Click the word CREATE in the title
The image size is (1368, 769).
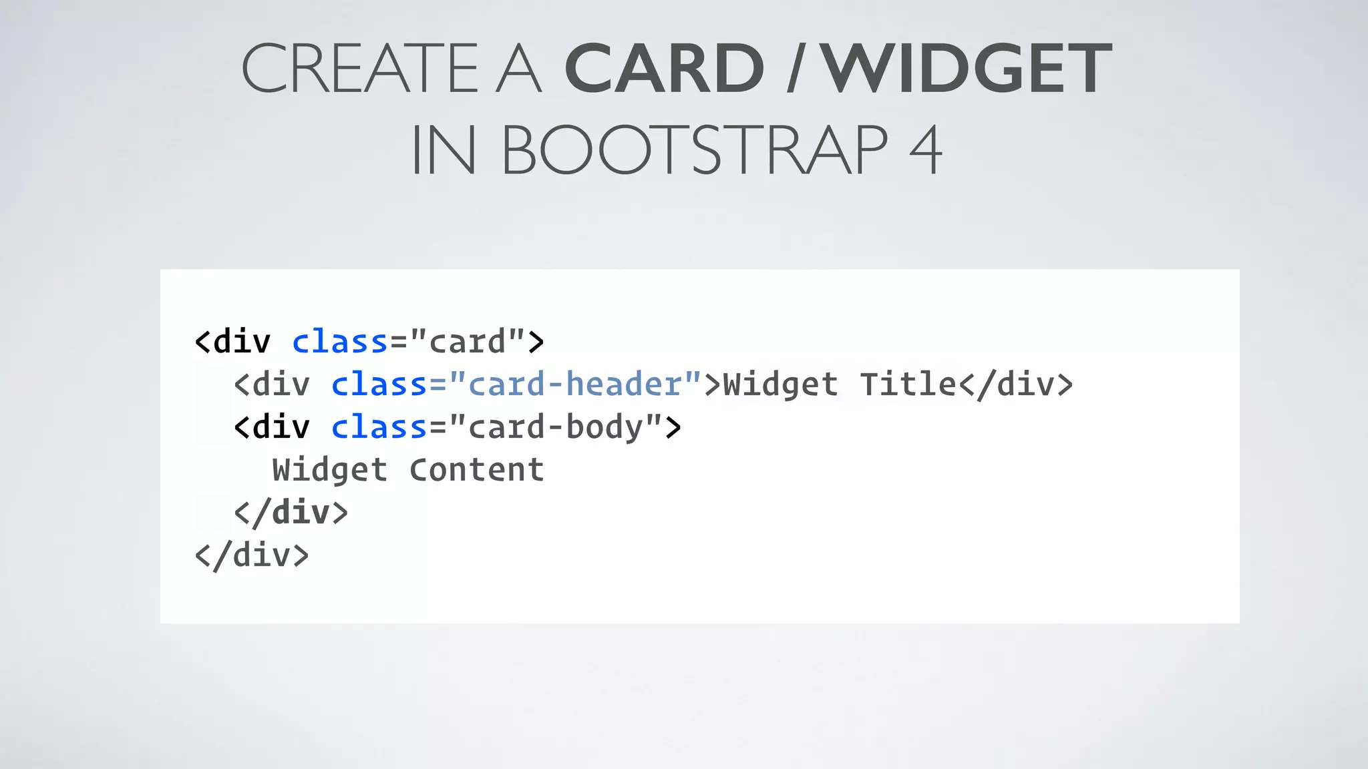(359, 68)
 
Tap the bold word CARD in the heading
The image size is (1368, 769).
(664, 68)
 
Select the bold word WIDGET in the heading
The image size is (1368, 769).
(967, 68)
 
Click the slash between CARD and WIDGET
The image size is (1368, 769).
(794, 68)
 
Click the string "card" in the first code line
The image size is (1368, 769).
(468, 342)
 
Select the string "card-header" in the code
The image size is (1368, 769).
(576, 384)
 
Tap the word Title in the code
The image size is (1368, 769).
(908, 384)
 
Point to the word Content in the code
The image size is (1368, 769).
(477, 470)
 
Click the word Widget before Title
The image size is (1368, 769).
(780, 384)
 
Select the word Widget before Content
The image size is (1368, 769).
(330, 470)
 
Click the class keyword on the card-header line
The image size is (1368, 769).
(379, 384)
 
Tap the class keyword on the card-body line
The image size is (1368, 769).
(379, 427)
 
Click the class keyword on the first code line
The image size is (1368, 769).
(340, 342)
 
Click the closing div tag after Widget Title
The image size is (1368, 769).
(1015, 384)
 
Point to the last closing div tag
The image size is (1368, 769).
(252, 555)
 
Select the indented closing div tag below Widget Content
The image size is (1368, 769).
(291, 513)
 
